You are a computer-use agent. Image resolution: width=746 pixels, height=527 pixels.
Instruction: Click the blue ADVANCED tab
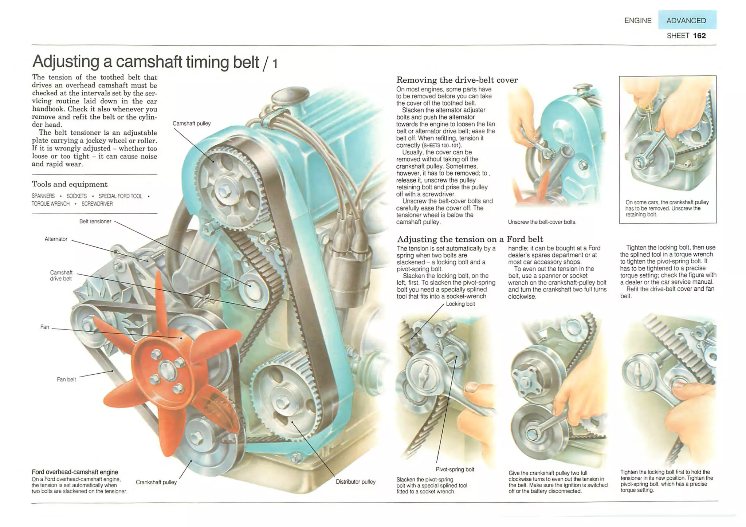pos(687,20)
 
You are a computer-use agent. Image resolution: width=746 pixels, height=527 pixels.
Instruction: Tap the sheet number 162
pos(699,36)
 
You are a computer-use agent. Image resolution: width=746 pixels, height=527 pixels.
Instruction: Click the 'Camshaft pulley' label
pos(192,123)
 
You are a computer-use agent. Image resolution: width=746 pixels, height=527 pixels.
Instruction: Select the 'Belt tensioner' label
pos(95,221)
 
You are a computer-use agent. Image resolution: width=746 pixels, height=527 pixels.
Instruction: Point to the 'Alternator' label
pos(56,239)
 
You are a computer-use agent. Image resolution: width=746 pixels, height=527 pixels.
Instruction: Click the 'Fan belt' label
pos(66,379)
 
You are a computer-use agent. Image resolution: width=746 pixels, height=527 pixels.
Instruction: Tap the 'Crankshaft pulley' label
pos(156,482)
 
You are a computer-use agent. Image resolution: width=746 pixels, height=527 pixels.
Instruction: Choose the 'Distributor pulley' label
pos(356,481)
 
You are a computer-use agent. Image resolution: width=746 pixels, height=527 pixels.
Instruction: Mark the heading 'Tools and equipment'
pos(70,184)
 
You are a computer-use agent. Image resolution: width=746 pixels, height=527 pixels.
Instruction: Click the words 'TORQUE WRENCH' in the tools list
pos(50,204)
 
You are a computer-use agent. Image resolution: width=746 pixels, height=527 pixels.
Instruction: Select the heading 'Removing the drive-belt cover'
pos(457,80)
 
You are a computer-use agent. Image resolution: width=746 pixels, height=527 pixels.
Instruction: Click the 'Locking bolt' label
pos(460,304)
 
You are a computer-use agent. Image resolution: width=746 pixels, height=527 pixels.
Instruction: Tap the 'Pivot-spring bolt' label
pos(455,469)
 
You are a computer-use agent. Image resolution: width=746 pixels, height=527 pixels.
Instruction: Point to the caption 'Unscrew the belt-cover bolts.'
pos(542,222)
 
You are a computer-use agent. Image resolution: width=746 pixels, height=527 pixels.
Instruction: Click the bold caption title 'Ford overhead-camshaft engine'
pos(75,472)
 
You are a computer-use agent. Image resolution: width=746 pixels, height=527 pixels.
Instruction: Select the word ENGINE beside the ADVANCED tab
pos(638,20)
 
